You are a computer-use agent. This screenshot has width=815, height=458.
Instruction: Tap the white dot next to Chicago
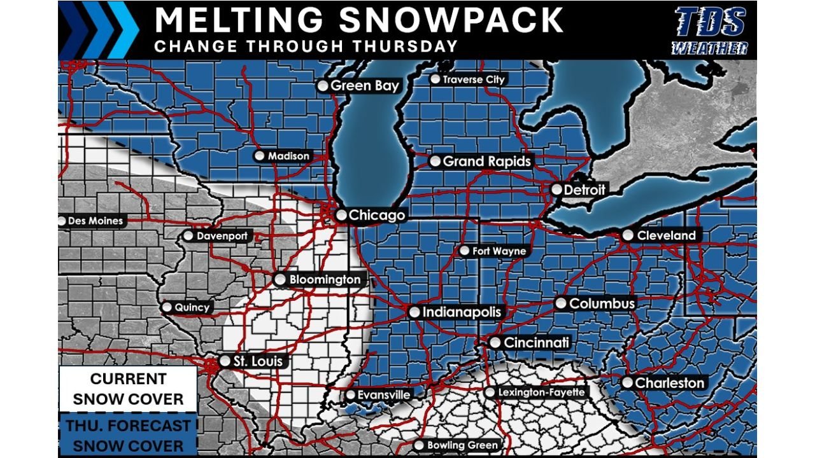coord(341,216)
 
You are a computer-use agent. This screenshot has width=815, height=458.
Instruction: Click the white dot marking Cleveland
coord(628,235)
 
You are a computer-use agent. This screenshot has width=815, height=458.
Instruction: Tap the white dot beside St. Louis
coord(225,361)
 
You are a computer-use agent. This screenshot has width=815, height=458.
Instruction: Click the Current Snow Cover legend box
coord(128,389)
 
